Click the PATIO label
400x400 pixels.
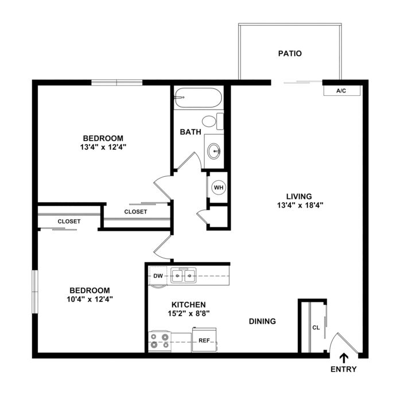[x=290, y=53]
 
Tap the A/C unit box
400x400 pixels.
[x=342, y=91]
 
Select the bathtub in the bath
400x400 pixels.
[x=198, y=98]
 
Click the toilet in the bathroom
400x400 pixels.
[x=212, y=121]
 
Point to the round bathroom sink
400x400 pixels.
[x=214, y=151]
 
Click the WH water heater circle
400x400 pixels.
[x=219, y=188]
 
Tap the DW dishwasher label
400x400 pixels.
[x=158, y=276]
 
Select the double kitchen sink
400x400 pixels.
[x=184, y=275]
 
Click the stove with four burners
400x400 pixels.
[x=160, y=341]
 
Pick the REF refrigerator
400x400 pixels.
[x=204, y=340]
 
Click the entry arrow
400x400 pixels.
[x=344, y=358]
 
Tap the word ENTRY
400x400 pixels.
[x=343, y=369]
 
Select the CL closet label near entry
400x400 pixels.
[x=316, y=328]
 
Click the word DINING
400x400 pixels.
[x=262, y=321]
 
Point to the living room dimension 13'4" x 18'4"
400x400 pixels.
[x=300, y=205]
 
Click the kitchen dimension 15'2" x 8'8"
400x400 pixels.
[x=189, y=313]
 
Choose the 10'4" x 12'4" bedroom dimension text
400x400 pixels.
[x=90, y=299]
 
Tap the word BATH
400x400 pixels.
[x=191, y=132]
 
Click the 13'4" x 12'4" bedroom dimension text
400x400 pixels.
[x=103, y=147]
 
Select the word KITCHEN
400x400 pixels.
[x=188, y=305]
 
